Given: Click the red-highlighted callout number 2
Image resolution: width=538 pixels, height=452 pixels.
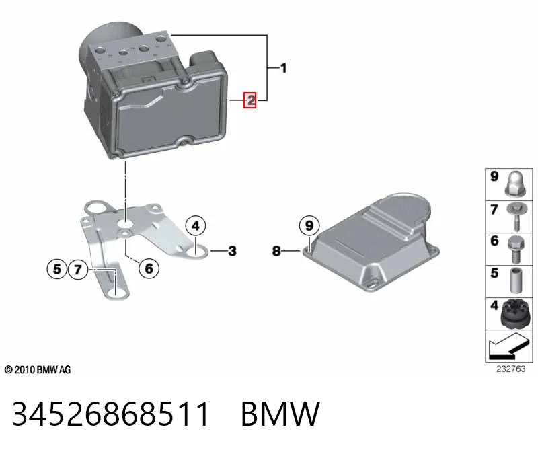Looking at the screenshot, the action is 249,100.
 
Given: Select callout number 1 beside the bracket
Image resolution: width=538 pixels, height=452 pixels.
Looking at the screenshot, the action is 283,68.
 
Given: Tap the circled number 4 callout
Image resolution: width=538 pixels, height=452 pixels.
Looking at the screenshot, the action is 196,226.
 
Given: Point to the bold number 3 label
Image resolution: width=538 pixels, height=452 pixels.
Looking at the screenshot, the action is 232,251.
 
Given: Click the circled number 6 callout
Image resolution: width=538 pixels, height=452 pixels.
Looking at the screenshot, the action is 149,268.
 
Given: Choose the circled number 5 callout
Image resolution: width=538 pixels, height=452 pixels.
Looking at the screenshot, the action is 57,269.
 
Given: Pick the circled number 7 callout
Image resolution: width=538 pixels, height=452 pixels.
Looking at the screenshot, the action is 78,269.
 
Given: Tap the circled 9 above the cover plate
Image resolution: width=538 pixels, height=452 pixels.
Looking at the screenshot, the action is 309,225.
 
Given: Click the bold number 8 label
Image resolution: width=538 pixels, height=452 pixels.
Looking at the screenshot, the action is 276,251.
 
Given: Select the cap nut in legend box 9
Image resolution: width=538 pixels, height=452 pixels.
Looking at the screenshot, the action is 516,184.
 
